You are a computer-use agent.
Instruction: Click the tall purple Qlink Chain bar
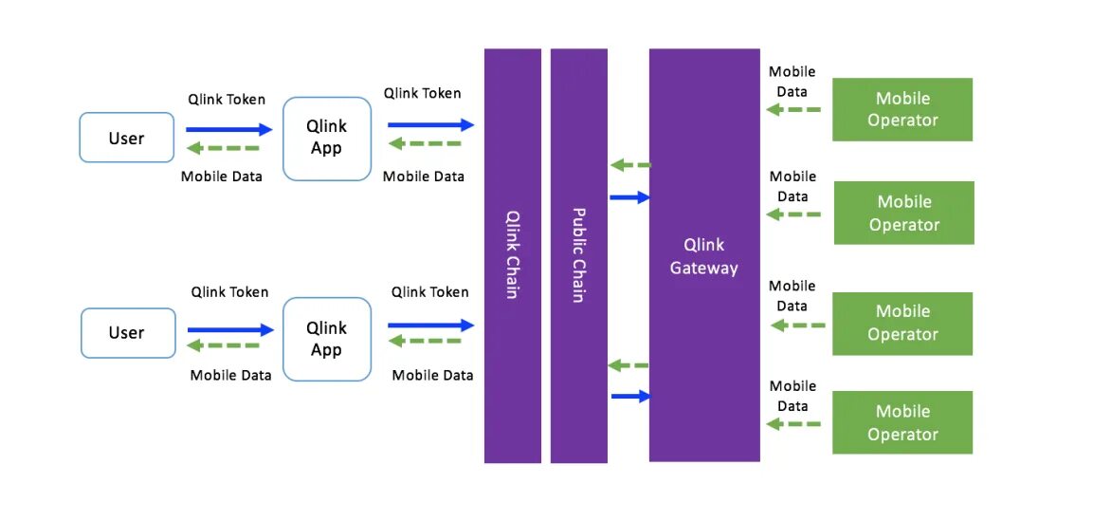(x=512, y=256)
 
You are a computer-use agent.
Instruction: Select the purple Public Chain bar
(x=578, y=256)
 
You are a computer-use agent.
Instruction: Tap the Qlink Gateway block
(x=704, y=256)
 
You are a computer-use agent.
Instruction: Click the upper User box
(x=126, y=138)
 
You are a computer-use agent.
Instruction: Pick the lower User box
(x=127, y=332)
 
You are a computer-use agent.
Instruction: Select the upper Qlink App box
(x=326, y=138)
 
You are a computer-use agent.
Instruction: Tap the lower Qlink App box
(x=326, y=339)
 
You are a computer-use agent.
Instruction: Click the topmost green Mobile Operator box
(x=902, y=109)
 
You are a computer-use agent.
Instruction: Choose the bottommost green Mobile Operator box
(x=902, y=422)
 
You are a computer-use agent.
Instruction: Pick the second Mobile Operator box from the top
(x=904, y=213)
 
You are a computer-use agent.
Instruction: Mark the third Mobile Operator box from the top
(x=902, y=323)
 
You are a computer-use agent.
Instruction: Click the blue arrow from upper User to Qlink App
(x=228, y=129)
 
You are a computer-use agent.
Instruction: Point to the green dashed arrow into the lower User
(x=224, y=345)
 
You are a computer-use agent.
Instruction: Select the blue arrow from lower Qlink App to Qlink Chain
(x=430, y=325)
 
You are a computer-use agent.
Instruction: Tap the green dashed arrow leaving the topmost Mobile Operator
(x=793, y=110)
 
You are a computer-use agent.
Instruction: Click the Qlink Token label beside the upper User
(x=227, y=100)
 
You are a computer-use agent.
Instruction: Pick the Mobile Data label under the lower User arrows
(x=230, y=375)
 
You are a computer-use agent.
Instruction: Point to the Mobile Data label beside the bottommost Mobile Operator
(x=793, y=396)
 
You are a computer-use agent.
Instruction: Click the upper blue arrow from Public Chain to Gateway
(x=629, y=197)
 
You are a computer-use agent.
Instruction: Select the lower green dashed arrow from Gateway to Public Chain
(x=628, y=364)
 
